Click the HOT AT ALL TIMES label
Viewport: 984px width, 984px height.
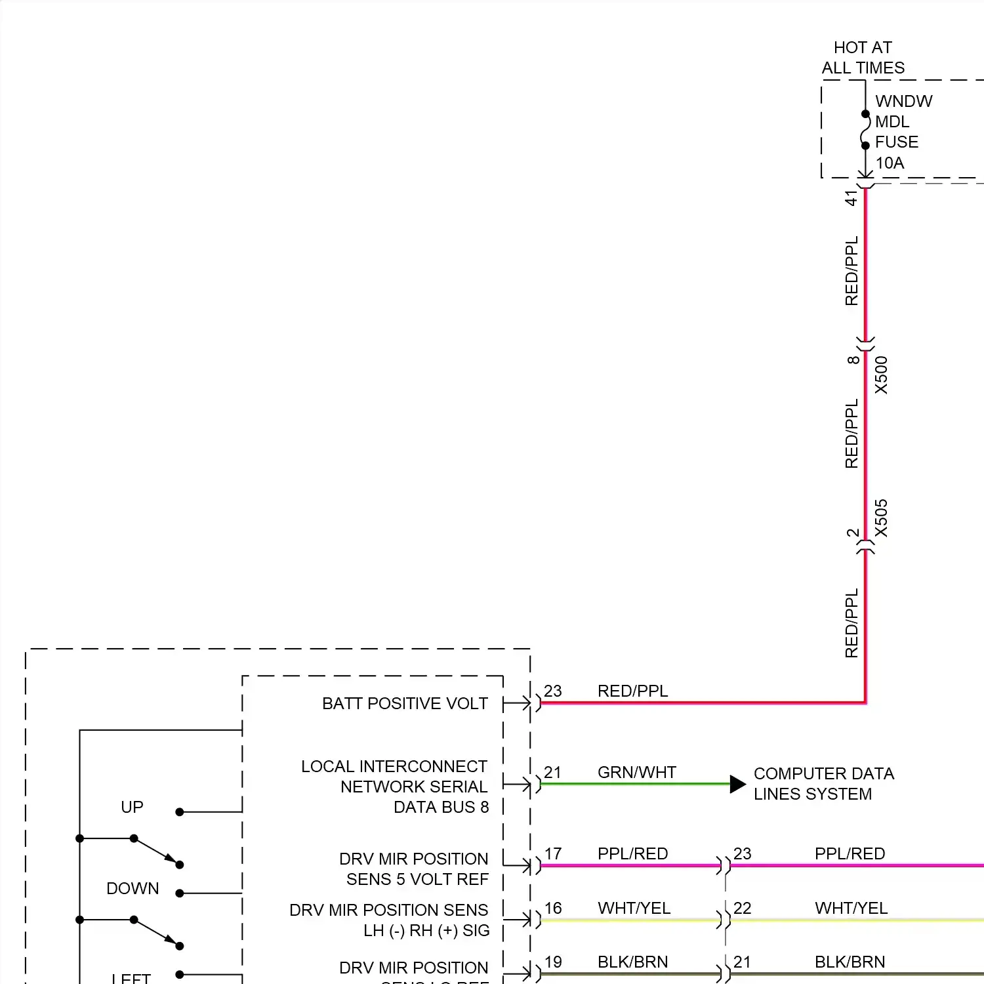[863, 58]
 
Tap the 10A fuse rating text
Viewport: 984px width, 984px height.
[890, 163]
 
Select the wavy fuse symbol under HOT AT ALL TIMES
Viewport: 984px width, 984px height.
[866, 130]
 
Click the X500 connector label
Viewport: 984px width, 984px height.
[881, 375]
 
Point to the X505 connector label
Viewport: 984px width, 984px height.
[881, 518]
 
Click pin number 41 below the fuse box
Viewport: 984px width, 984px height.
[851, 197]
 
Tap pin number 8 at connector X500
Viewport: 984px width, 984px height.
[852, 359]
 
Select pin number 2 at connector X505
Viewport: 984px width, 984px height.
[852, 533]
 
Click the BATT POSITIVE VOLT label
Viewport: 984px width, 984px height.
[405, 703]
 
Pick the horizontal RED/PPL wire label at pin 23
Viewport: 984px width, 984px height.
[632, 691]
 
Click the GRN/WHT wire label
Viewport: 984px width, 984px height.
[636, 772]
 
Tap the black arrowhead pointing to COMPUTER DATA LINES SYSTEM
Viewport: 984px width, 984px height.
[737, 784]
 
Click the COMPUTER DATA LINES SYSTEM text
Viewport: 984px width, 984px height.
[823, 784]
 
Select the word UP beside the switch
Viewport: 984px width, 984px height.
[132, 807]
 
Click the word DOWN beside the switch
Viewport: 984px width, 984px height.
[133, 888]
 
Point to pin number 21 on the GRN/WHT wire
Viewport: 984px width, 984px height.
[552, 772]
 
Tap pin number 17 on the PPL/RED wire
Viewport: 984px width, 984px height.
[553, 853]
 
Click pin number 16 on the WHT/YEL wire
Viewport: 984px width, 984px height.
[553, 908]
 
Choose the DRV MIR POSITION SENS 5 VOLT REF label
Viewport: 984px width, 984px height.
[414, 869]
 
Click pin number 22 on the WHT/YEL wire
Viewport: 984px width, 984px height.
[742, 908]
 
